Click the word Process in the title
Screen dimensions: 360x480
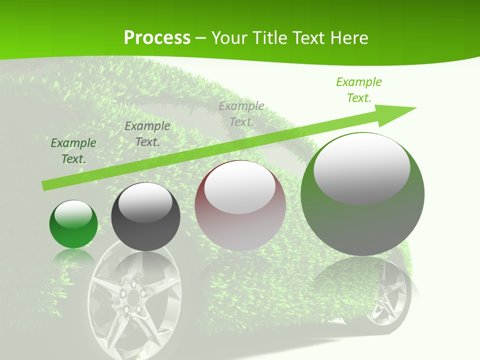tap(157, 37)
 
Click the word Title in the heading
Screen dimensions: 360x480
tap(270, 37)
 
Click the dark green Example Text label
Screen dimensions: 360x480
tap(73, 151)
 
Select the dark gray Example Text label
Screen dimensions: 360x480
tap(147, 133)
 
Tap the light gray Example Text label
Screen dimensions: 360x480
tap(241, 113)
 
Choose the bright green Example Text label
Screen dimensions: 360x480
tap(358, 90)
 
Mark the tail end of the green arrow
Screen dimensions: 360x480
tap(46, 186)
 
